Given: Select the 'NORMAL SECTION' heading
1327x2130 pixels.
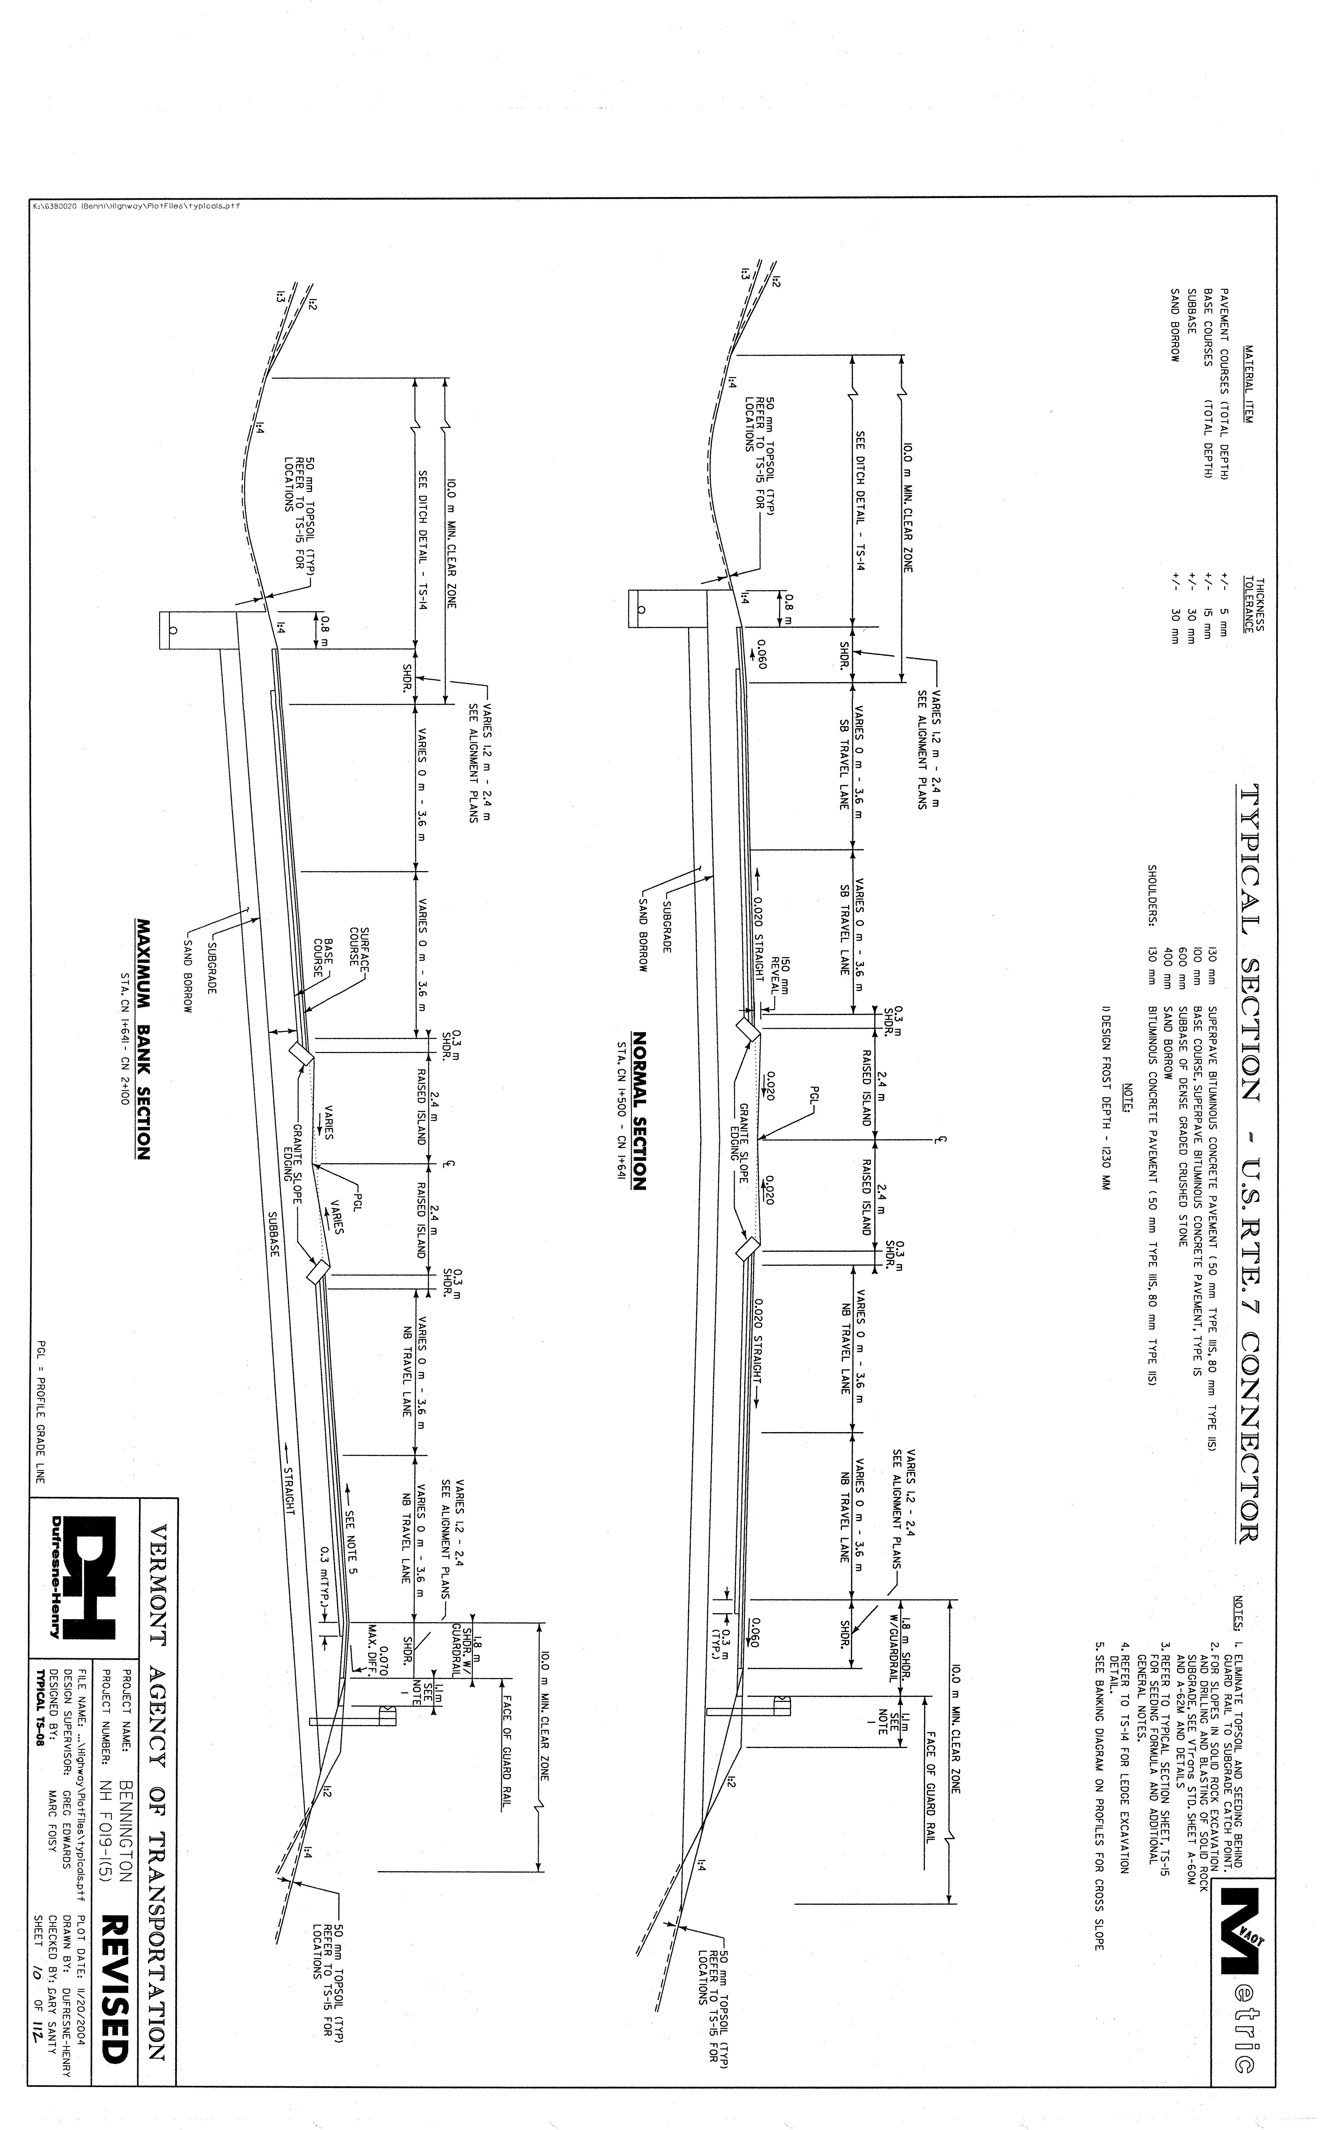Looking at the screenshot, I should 638,1110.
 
